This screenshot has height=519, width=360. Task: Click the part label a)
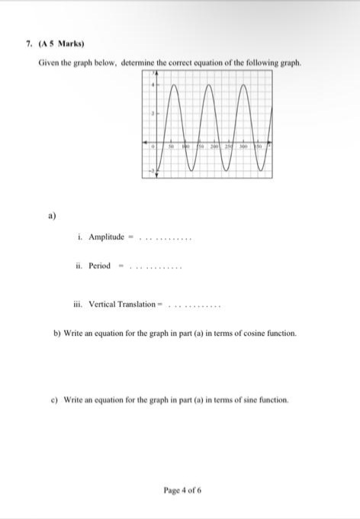click(53, 216)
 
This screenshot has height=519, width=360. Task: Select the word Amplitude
click(106, 237)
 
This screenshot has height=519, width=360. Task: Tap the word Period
click(100, 266)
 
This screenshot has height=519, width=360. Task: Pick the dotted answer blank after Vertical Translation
click(194, 305)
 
